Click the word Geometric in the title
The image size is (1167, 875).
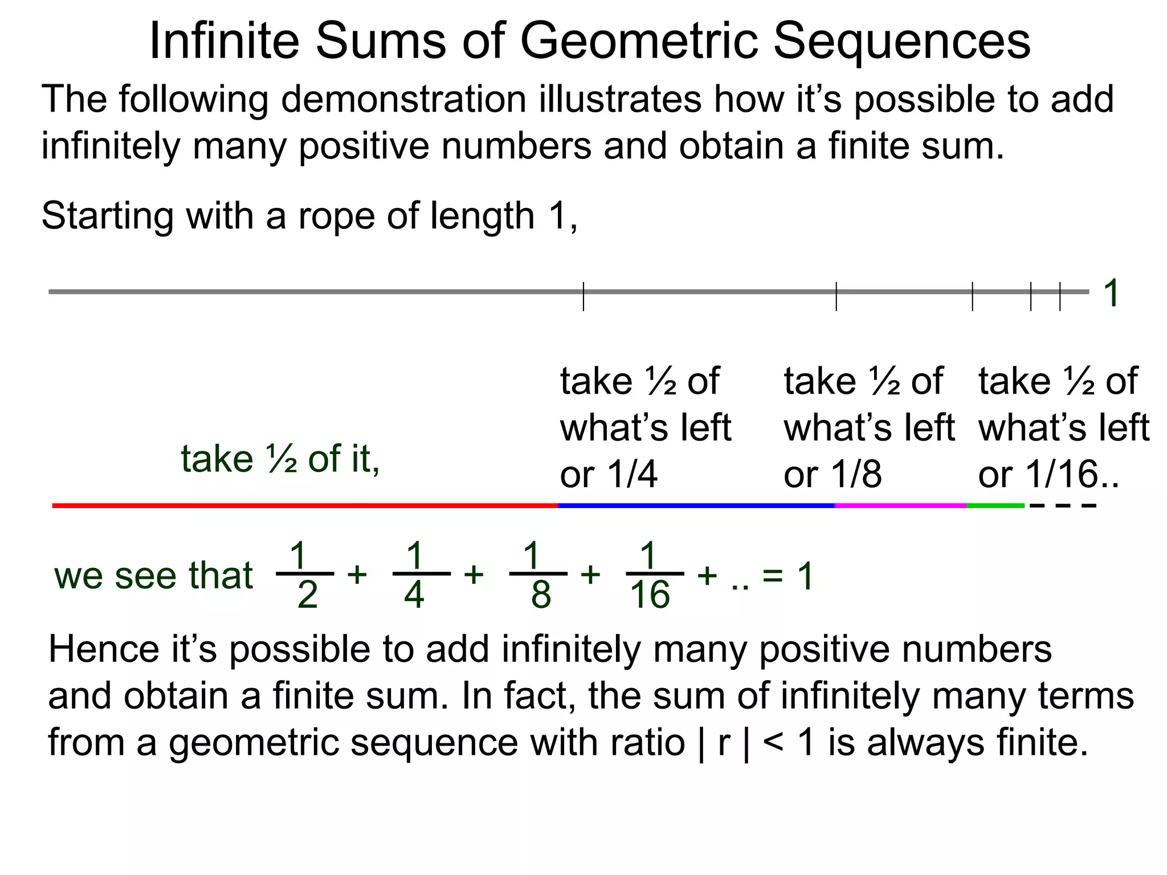639,41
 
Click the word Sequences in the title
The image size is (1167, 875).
901,41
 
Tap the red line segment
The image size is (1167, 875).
305,505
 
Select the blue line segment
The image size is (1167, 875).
696,505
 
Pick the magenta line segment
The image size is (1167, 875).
900,505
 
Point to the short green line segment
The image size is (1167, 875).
995,505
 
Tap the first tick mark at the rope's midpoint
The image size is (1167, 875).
583,296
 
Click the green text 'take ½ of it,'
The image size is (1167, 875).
280,459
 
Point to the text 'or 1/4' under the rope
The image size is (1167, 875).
608,475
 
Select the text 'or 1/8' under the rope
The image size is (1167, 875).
832,475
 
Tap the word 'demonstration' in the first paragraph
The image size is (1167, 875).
403,100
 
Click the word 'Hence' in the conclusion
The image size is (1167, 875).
104,649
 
